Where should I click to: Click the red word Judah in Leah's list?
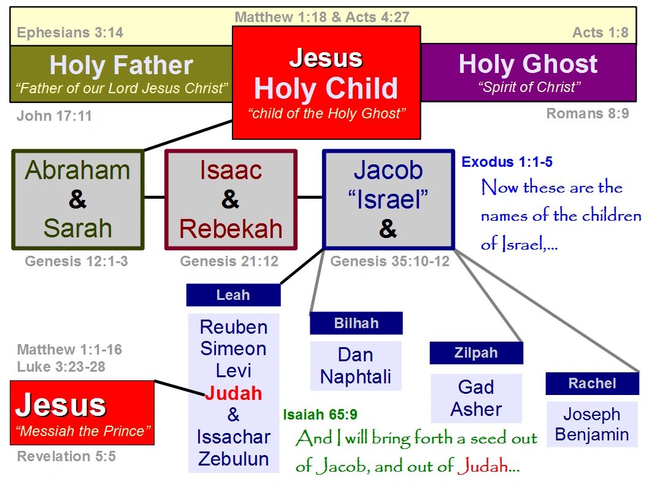(234, 393)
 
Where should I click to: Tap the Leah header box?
(234, 295)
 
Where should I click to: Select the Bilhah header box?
(356, 323)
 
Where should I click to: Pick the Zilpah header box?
(477, 353)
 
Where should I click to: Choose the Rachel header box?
(593, 383)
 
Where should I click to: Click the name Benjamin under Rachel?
(592, 434)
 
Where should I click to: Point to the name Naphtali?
(356, 377)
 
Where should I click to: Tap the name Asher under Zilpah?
(477, 409)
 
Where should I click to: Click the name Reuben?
(234, 328)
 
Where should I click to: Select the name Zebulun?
(234, 459)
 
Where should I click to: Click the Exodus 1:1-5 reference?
(507, 162)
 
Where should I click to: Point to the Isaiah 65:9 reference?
(320, 415)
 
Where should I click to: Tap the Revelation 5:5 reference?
(66, 456)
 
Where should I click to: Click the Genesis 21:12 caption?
(229, 261)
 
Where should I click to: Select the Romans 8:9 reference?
(588, 113)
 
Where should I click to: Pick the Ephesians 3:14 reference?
(70, 33)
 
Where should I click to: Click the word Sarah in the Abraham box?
(78, 228)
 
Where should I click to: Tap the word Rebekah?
(231, 229)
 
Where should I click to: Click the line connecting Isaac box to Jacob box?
(310, 197)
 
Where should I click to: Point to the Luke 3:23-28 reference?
(61, 367)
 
